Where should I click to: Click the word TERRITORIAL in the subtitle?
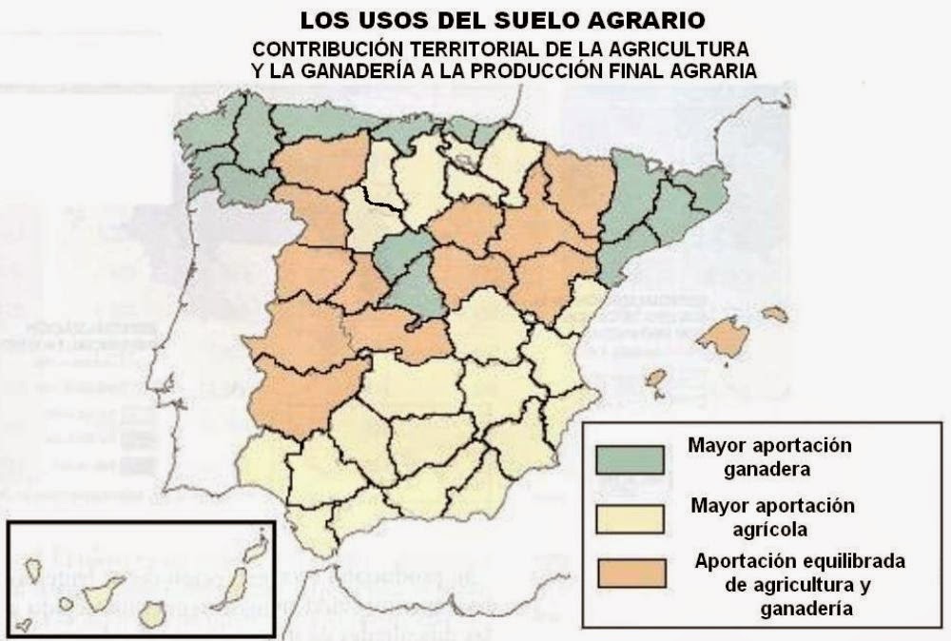453,48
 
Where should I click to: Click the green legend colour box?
630,457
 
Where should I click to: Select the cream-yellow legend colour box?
630,515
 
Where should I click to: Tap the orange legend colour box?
630,573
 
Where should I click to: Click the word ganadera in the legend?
770,469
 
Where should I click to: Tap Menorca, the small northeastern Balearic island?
775,313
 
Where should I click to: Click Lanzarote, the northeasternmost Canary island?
254,549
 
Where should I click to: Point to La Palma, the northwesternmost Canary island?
32,570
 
